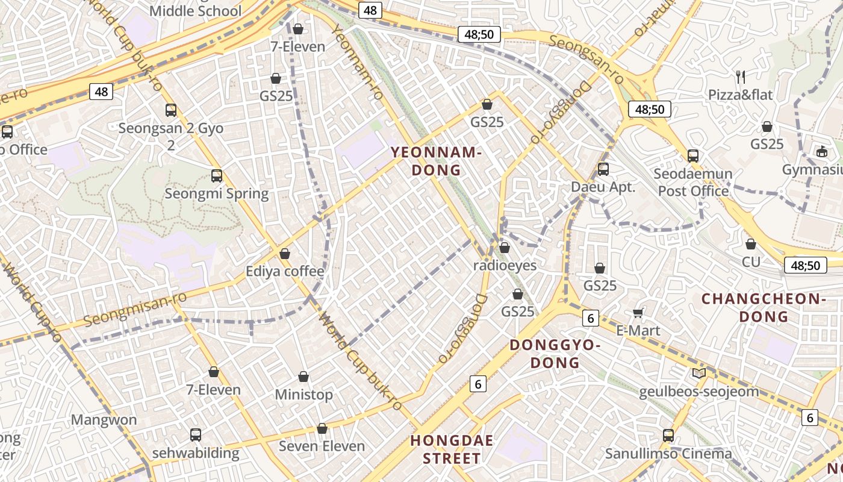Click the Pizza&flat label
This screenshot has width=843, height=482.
click(x=740, y=95)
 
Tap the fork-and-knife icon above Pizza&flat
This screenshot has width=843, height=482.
click(x=741, y=77)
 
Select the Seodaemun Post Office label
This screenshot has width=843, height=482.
click(x=693, y=183)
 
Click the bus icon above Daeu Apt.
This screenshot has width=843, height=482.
click(x=603, y=169)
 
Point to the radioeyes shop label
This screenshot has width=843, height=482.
click(x=505, y=265)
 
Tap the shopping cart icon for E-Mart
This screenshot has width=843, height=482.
click(x=638, y=313)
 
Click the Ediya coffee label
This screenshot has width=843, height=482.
click(x=284, y=271)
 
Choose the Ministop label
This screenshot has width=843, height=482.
click(x=303, y=395)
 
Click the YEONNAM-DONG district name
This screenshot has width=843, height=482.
click(x=436, y=161)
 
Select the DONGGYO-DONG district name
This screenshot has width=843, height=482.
click(x=555, y=354)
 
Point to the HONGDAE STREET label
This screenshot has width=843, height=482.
click(x=452, y=449)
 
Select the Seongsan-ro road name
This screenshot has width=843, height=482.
click(x=586, y=59)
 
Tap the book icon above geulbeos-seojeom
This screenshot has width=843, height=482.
click(x=698, y=374)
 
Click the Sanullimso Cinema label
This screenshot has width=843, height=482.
click(x=668, y=453)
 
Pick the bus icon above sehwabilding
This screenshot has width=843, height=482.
click(x=195, y=434)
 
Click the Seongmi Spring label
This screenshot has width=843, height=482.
click(x=216, y=193)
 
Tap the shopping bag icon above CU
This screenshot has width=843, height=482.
click(x=750, y=244)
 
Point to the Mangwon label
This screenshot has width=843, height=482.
click(x=104, y=419)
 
